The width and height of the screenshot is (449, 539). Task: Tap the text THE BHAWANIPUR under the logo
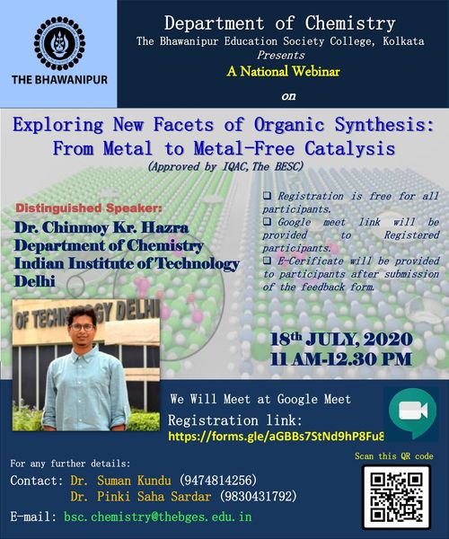(x=59, y=80)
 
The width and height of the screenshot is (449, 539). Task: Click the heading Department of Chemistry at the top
(x=280, y=23)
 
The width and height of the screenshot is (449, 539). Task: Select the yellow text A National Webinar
(x=284, y=72)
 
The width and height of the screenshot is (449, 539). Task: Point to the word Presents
(x=281, y=55)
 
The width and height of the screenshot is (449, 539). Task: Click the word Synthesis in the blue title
(x=384, y=125)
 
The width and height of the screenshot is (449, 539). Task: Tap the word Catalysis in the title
(x=349, y=149)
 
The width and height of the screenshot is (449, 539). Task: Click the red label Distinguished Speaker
(x=89, y=208)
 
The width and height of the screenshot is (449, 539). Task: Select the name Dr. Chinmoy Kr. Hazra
(x=101, y=227)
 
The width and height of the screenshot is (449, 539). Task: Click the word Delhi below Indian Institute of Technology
(x=35, y=281)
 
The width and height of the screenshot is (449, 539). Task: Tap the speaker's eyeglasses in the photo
(x=82, y=327)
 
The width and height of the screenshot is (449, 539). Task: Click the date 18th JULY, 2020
(x=341, y=340)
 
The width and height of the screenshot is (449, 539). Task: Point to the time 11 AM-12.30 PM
(x=340, y=359)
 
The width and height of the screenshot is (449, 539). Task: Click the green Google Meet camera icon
(x=412, y=412)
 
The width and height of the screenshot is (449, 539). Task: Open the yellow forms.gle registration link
(x=276, y=437)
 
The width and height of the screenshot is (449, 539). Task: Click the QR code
(x=397, y=497)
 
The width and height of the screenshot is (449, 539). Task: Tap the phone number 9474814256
(x=218, y=481)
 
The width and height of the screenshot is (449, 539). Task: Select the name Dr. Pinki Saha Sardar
(x=140, y=497)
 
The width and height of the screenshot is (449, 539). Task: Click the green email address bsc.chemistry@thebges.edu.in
(x=158, y=517)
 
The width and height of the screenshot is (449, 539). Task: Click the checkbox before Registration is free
(x=267, y=196)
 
